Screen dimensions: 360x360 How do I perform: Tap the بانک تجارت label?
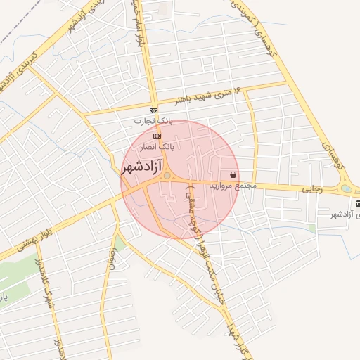[153, 121]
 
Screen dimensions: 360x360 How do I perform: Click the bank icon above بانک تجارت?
[154, 111]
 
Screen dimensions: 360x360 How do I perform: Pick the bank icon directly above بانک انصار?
[157, 136]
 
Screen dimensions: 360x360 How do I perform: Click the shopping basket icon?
[233, 174]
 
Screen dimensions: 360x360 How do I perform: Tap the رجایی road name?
[311, 188]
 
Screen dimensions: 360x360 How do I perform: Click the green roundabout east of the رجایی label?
[346, 188]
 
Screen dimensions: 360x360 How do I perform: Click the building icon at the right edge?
[357, 204]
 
